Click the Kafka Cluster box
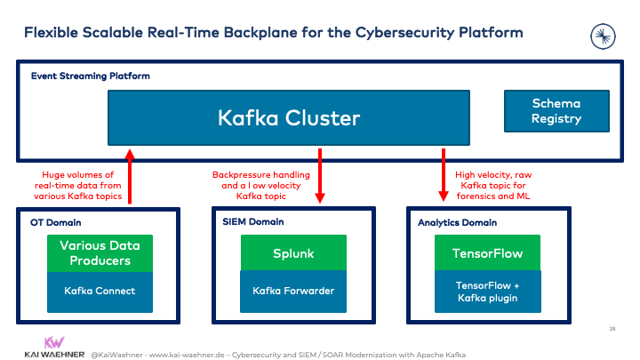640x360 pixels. click(289, 117)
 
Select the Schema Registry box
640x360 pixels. click(556, 111)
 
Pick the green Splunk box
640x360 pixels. click(293, 252)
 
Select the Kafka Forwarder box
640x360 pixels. click(293, 291)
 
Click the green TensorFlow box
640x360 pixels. click(488, 252)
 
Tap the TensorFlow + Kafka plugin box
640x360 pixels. click(488, 292)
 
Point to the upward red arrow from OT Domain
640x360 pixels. click(131, 178)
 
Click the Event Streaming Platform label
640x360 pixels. click(90, 76)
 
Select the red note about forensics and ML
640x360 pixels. click(503, 185)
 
